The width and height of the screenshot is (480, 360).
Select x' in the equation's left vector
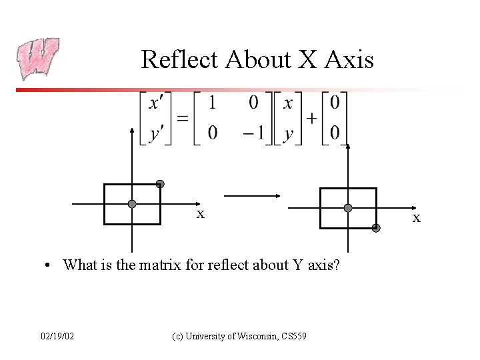coord(155,105)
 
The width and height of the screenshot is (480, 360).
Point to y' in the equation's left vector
coord(155,133)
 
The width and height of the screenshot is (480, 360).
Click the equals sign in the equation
coord(182,119)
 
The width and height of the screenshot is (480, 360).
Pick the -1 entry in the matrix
coord(254,133)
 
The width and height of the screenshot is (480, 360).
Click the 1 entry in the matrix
coord(212,104)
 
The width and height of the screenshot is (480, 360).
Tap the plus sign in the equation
coord(311,119)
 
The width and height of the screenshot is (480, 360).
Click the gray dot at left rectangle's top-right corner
coord(160,184)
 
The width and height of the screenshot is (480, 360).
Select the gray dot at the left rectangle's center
coord(132,204)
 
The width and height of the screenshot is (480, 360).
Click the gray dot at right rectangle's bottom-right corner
coord(376,228)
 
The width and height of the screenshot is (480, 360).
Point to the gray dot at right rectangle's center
coord(347,208)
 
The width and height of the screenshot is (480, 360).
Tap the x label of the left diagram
coord(200,214)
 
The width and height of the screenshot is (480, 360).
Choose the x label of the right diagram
coord(417,218)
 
